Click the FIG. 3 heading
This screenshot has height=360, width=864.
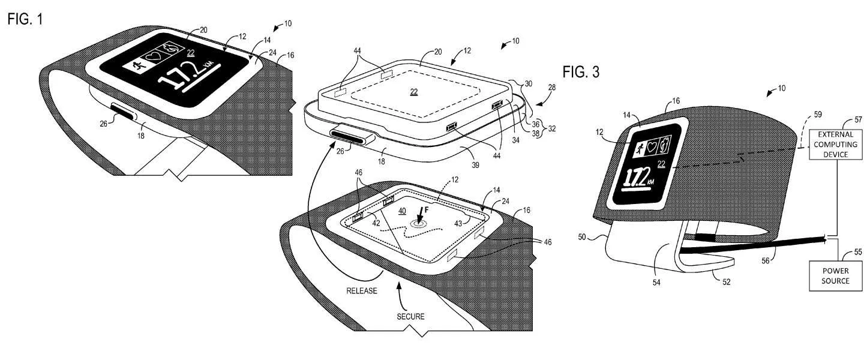click(581, 73)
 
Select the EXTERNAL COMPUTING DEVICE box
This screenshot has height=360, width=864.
click(832, 146)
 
